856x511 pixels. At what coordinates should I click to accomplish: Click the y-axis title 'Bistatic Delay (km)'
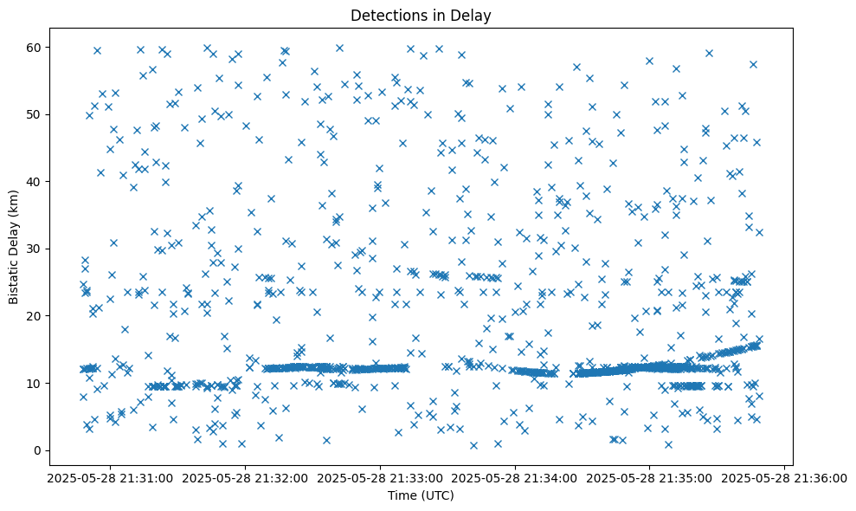pyautogui.click(x=14, y=247)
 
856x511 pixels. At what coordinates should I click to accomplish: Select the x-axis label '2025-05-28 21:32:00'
pyautogui.click(x=244, y=477)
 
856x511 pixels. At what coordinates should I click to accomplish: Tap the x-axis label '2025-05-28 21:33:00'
pyautogui.click(x=380, y=477)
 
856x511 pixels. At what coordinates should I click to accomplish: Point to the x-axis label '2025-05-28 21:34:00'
pyautogui.click(x=516, y=477)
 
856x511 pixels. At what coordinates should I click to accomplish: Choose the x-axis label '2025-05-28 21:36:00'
pyautogui.click(x=786, y=477)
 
